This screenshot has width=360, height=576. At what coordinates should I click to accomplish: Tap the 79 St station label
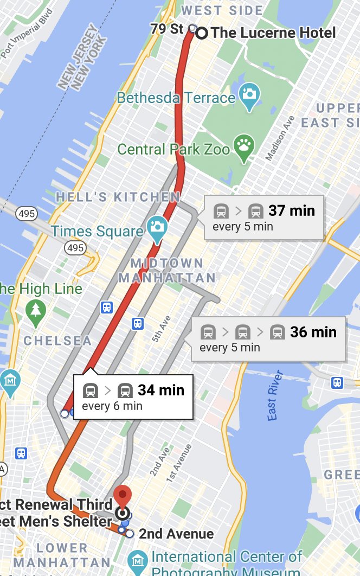167,29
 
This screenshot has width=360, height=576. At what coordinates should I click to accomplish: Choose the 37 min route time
292,210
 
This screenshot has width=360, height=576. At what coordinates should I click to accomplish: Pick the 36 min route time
313,331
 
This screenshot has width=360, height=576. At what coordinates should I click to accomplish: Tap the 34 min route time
161,390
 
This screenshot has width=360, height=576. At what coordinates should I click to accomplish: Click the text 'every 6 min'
112,406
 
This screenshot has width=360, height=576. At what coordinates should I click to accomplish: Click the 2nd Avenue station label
176,534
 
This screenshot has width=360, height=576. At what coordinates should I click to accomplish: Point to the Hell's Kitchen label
118,197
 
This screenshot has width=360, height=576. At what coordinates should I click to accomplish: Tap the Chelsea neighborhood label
57,341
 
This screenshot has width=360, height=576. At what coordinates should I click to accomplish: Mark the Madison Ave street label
279,138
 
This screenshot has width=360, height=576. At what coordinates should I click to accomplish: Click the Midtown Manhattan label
167,271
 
